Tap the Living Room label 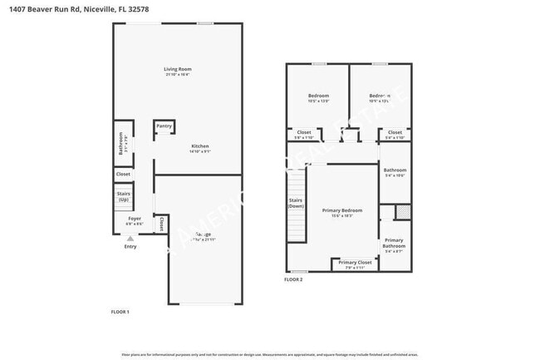[x=177, y=69]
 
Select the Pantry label [x=164, y=126]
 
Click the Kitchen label [x=200, y=146]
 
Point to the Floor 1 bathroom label [x=121, y=143]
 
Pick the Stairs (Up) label [x=124, y=197]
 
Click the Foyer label [x=135, y=219]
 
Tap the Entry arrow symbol [x=130, y=239]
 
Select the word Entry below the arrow [x=130, y=246]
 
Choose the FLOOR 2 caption [x=293, y=279]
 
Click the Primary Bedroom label [x=342, y=210]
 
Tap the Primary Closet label [x=355, y=263]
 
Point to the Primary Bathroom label [x=394, y=243]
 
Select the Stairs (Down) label [x=295, y=203]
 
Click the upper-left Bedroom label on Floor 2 [x=318, y=96]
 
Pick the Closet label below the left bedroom [x=304, y=132]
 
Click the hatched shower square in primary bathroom [x=402, y=211]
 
